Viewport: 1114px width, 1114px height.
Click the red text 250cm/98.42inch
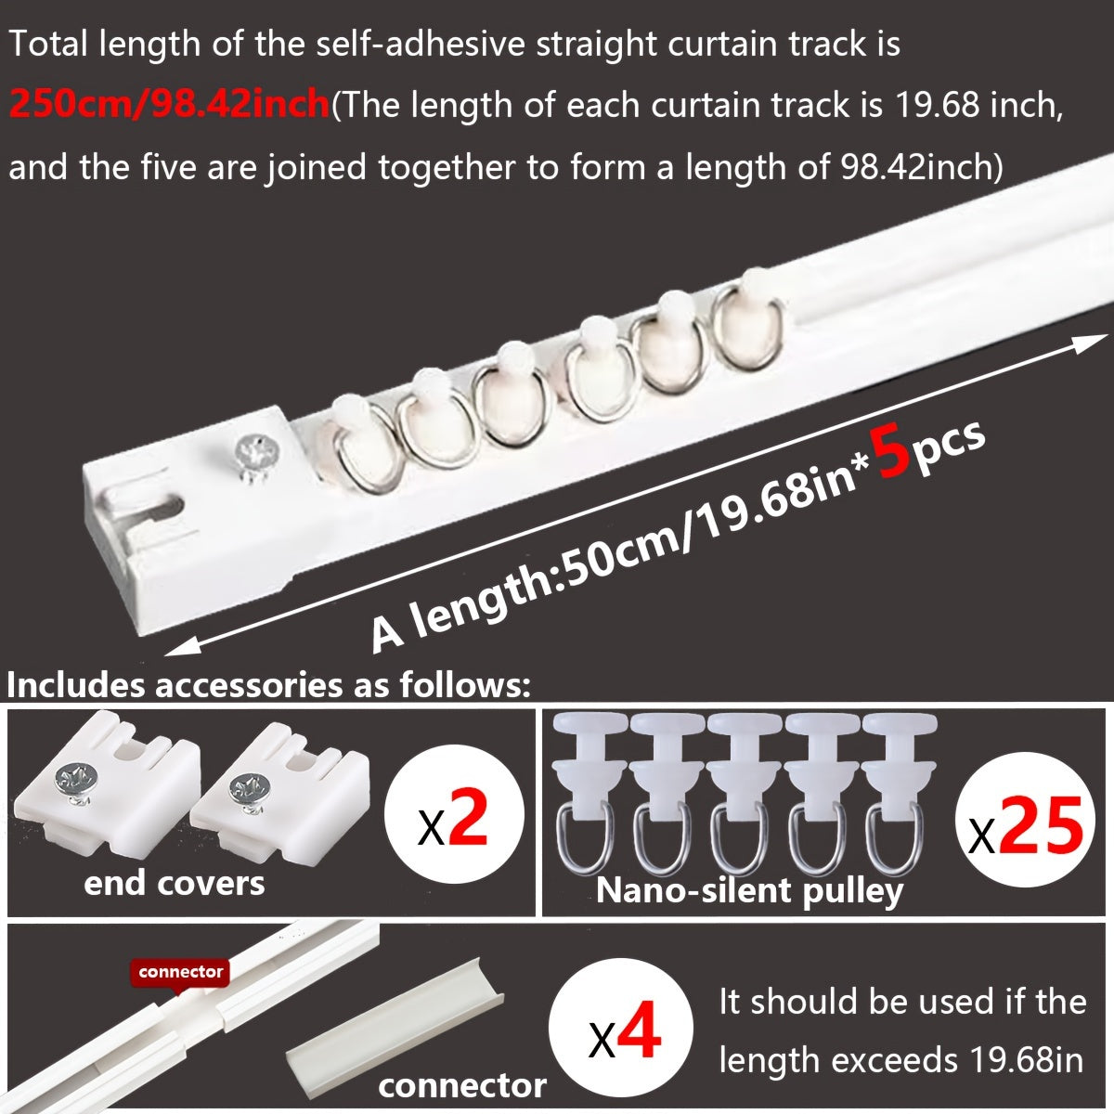pos(169,105)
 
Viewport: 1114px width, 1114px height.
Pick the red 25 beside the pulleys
pos(1042,823)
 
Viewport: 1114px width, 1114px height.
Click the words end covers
pos(174,882)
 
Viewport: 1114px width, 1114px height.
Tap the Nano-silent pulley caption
pos(748,890)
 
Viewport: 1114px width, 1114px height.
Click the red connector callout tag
pos(181,972)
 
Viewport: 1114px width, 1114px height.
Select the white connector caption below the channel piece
pos(461,1084)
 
